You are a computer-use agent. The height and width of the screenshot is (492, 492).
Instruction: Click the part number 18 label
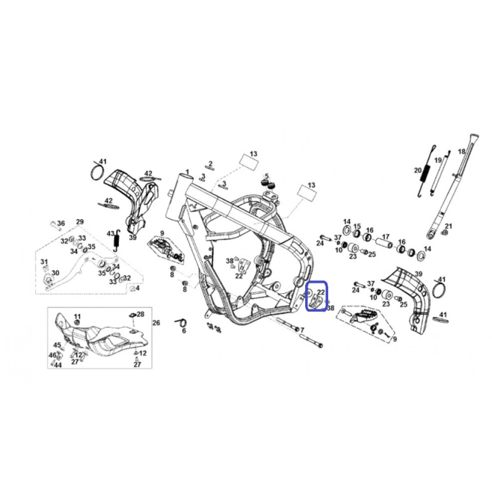[461, 152]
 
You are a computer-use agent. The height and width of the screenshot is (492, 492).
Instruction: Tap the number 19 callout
[437, 161]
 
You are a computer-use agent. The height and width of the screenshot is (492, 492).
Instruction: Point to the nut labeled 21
[444, 233]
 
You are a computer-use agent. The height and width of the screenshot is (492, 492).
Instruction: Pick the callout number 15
[357, 227]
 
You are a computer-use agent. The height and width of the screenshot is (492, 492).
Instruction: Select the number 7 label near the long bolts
[302, 330]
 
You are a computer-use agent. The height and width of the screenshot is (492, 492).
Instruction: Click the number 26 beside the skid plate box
[156, 322]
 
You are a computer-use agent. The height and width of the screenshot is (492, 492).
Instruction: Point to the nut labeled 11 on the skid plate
[77, 323]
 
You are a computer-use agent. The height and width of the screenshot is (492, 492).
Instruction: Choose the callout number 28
[141, 314]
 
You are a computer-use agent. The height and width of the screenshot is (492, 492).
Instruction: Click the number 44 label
[58, 365]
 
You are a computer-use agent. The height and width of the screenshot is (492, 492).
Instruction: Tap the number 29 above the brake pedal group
[80, 222]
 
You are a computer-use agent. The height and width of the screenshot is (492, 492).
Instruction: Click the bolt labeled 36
[54, 225]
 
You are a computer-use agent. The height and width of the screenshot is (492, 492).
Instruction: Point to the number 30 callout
[55, 273]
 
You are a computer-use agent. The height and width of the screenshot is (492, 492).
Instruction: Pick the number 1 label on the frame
[188, 172]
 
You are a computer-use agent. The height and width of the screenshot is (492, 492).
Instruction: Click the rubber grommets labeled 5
[268, 183]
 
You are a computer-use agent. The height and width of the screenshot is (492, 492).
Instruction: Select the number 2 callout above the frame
[210, 164]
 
